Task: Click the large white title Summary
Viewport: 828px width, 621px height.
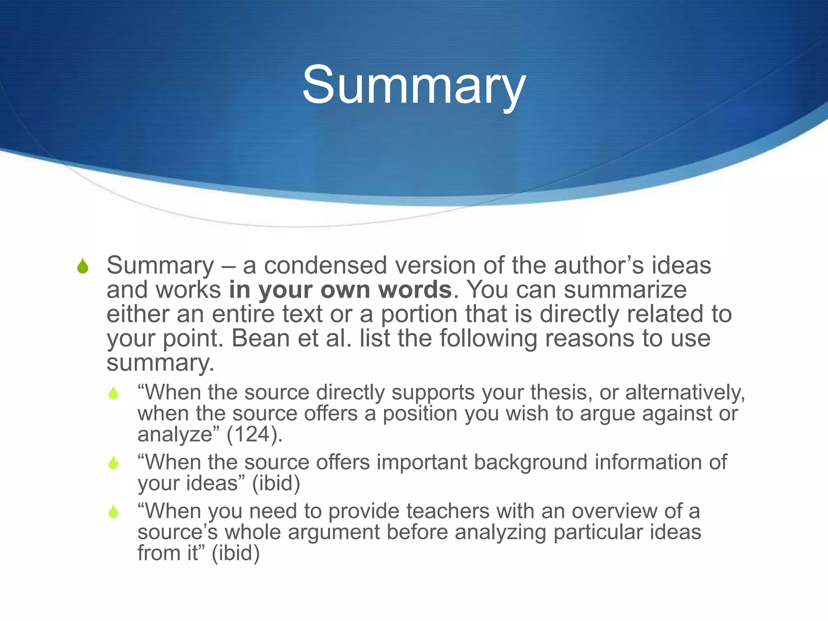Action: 414,86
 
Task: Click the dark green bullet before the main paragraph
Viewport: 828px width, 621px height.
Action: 83,266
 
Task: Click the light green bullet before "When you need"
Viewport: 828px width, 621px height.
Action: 114,512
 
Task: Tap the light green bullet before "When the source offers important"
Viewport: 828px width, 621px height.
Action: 114,463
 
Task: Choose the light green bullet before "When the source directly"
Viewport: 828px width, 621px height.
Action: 114,393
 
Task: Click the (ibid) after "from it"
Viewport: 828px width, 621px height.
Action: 235,553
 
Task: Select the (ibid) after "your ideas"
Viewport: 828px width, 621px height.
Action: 276,483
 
